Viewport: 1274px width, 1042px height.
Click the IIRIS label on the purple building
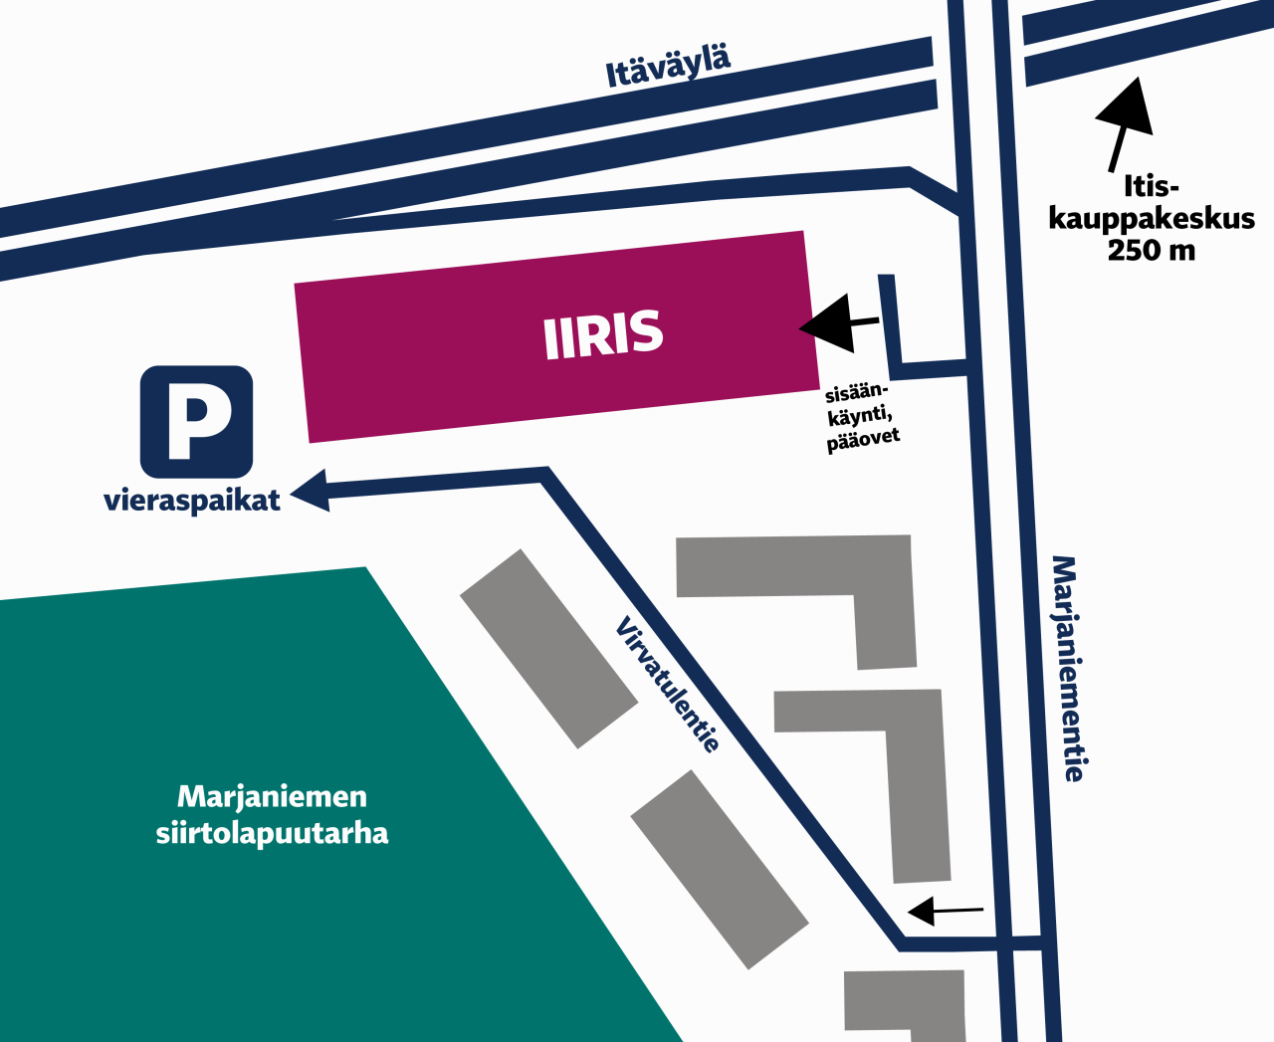[x=603, y=334]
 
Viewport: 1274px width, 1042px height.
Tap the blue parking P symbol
[x=197, y=422]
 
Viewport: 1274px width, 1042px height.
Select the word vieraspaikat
[x=192, y=500]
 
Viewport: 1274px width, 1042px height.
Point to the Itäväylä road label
[x=668, y=66]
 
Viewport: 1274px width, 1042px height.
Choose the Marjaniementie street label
[x=1067, y=669]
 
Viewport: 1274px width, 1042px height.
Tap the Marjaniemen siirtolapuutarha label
[x=272, y=814]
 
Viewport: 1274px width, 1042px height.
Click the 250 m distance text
[x=1152, y=250]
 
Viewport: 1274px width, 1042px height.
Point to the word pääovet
[x=863, y=439]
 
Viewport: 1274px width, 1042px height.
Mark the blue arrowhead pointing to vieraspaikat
[x=311, y=491]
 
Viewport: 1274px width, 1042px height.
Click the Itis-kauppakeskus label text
[x=1152, y=203]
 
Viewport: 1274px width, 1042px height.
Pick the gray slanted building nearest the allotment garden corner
[x=547, y=648]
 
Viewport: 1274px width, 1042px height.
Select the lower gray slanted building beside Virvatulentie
[x=719, y=868]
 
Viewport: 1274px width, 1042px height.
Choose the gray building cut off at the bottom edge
[x=905, y=1005]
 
